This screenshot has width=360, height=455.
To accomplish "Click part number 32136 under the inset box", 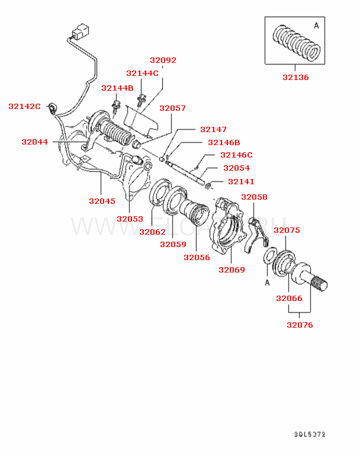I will [x=295, y=77].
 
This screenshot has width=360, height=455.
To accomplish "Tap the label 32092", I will [x=163, y=60].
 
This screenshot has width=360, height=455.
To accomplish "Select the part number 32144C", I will [x=142, y=73].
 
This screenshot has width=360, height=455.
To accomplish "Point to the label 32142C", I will [x=24, y=106].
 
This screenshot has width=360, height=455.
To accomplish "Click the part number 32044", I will [x=34, y=142].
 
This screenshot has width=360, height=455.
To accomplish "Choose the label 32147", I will [x=213, y=129].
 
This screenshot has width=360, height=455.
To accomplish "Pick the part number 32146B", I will [x=224, y=142].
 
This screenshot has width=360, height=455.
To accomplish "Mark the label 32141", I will [x=241, y=181].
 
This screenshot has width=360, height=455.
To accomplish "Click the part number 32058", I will [x=254, y=197].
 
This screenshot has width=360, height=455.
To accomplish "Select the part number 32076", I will [x=300, y=325].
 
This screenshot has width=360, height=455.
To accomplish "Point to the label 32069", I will [x=232, y=270].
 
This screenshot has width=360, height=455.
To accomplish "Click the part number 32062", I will [x=153, y=232].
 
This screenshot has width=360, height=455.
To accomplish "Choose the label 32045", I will [x=102, y=201].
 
